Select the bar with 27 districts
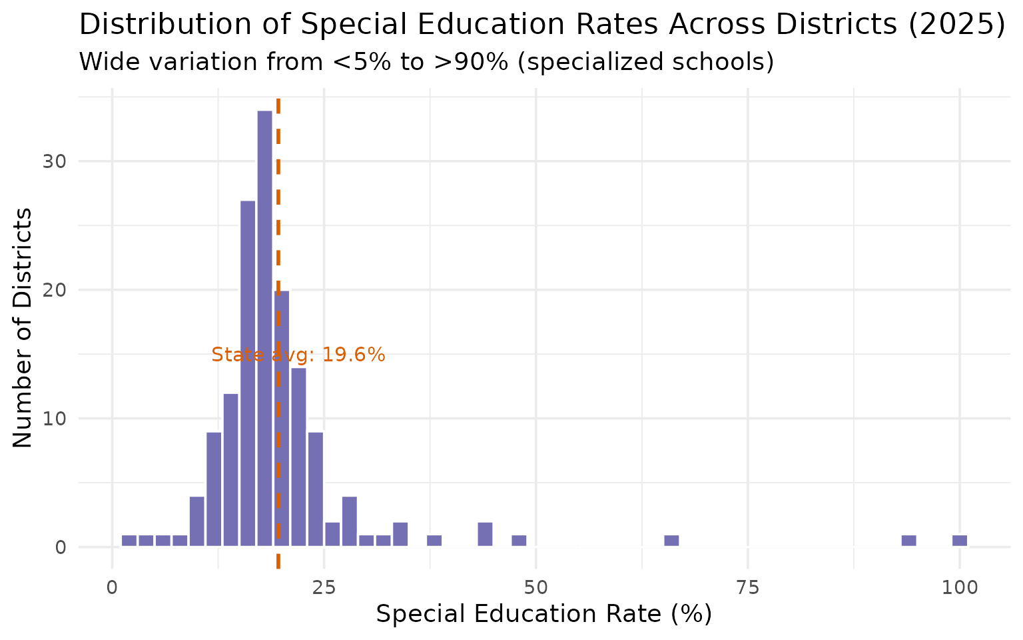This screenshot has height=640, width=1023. (x=248, y=373)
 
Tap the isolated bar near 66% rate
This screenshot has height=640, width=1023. (x=671, y=541)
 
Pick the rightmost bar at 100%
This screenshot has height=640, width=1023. (x=959, y=541)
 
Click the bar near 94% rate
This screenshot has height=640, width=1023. (x=908, y=541)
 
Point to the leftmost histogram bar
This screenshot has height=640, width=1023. (x=129, y=541)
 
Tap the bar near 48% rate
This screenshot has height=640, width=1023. (x=519, y=541)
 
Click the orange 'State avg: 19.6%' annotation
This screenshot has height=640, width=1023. (x=298, y=355)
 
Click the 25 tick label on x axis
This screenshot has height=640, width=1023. (x=324, y=588)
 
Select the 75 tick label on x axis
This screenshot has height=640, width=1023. (x=748, y=588)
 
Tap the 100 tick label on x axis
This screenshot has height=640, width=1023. (x=959, y=588)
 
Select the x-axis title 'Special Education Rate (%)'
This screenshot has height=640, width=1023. (x=543, y=614)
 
